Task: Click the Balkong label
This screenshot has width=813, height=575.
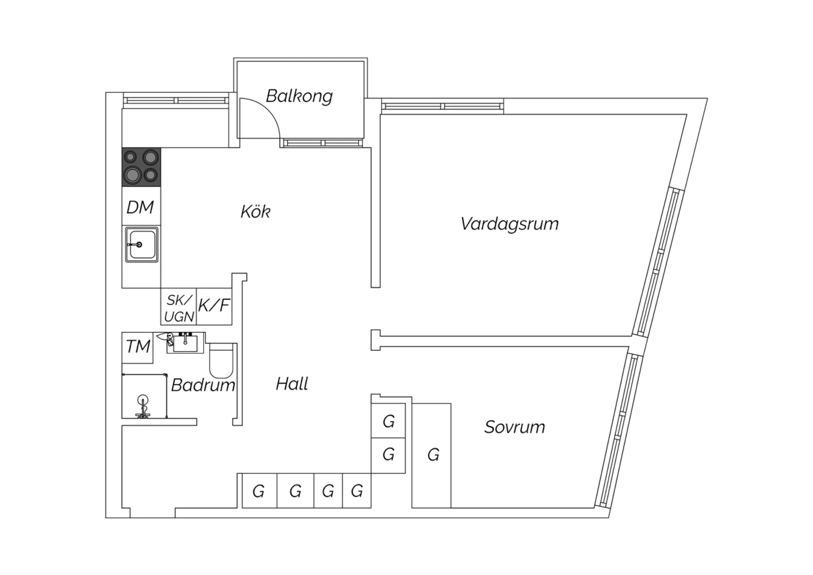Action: click(299, 96)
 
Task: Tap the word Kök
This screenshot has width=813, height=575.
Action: click(255, 212)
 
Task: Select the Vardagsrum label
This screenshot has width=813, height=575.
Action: click(509, 224)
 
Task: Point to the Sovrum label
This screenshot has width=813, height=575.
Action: click(515, 427)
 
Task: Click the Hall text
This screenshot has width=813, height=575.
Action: click(292, 384)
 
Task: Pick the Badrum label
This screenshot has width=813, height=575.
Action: click(203, 385)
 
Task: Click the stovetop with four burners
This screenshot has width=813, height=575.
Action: click(141, 167)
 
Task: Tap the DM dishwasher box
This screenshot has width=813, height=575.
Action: click(141, 206)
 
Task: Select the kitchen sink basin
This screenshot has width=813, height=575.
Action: click(141, 245)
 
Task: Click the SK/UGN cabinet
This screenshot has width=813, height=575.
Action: click(178, 306)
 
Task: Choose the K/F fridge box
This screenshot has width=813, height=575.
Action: click(214, 306)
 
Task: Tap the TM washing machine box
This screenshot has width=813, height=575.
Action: click(138, 348)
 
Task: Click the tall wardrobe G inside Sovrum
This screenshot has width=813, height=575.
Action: click(431, 456)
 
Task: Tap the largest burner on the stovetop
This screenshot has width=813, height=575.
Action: click(132, 175)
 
